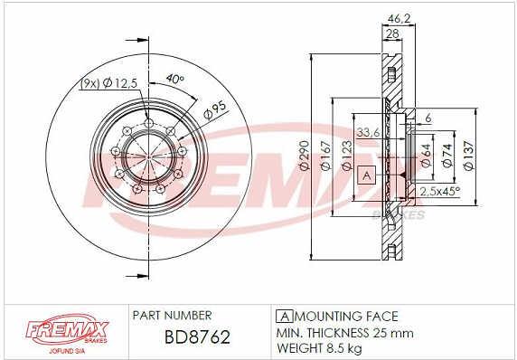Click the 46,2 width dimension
click(x=399, y=18)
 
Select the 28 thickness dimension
click(x=392, y=33)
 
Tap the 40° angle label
click(x=174, y=79)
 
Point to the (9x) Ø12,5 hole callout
click(x=108, y=83)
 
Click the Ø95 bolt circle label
click(x=214, y=109)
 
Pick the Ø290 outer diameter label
click(x=304, y=156)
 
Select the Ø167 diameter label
click(x=325, y=156)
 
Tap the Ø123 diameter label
click(x=346, y=156)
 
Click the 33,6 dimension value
click(x=368, y=133)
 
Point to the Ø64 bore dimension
click(x=426, y=156)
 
